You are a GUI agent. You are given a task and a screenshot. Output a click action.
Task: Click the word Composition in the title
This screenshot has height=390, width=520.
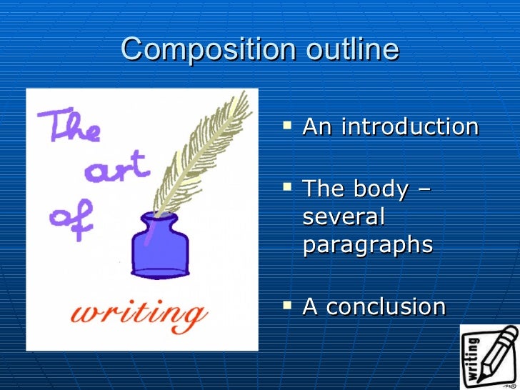(208, 50)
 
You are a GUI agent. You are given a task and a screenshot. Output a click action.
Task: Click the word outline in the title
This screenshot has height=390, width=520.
(352, 50)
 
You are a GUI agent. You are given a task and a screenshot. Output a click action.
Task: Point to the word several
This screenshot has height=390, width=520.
(344, 216)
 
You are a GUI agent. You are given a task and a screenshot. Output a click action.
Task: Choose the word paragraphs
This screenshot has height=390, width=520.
(367, 245)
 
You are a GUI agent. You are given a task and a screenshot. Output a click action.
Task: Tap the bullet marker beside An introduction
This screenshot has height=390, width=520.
(288, 126)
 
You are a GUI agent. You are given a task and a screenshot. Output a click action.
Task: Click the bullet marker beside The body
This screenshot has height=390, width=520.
(288, 189)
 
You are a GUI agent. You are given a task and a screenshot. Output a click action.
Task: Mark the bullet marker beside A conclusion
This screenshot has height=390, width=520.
(288, 306)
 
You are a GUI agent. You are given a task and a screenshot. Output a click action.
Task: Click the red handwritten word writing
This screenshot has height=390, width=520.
(140, 314)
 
